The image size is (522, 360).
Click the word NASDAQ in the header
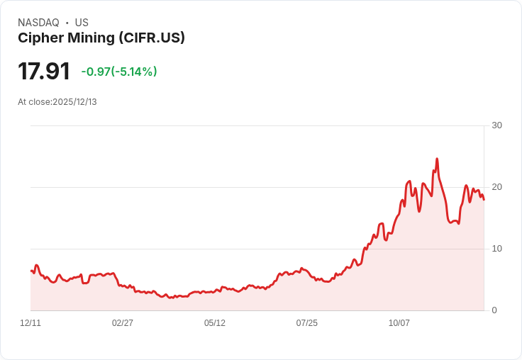(x=38, y=23)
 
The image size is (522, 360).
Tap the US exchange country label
(x=82, y=23)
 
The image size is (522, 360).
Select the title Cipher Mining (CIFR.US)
(x=101, y=38)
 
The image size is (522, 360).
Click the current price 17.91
(x=44, y=72)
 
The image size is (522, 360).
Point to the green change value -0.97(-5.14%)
(x=119, y=72)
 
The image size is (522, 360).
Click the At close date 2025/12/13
(x=74, y=102)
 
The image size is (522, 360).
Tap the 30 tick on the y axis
(x=496, y=125)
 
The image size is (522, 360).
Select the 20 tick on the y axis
(x=496, y=187)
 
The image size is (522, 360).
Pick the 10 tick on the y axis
(x=496, y=249)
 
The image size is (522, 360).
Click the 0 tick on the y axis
(x=494, y=310)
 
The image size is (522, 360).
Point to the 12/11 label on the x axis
(x=30, y=323)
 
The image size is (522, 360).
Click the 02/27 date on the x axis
(x=123, y=323)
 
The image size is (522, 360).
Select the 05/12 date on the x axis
(x=215, y=323)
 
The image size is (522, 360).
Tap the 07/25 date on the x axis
(x=307, y=323)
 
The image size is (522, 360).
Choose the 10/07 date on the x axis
(x=399, y=323)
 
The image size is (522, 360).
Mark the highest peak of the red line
(x=437, y=159)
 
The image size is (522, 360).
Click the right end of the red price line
(x=484, y=199)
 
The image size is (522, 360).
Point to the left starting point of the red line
(x=31, y=271)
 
